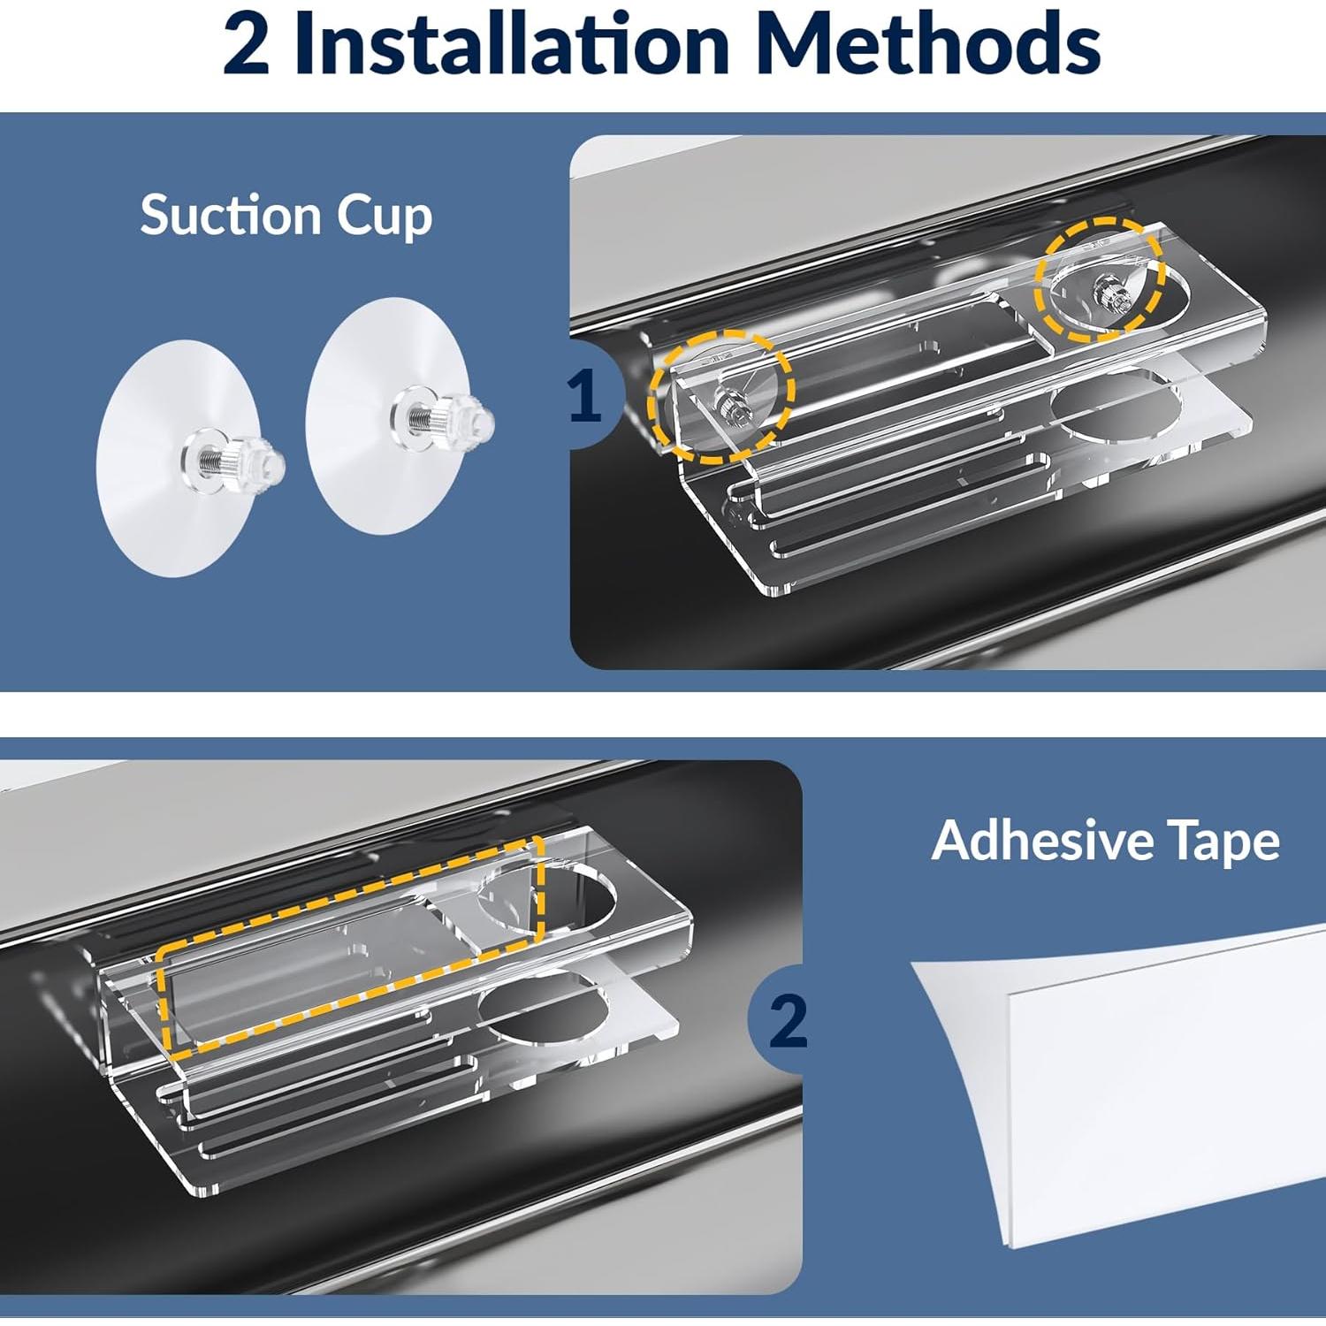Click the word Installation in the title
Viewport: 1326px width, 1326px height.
[x=512, y=44]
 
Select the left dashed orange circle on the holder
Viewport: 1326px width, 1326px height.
[x=720, y=396]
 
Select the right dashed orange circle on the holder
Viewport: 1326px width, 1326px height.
[x=1100, y=280]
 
